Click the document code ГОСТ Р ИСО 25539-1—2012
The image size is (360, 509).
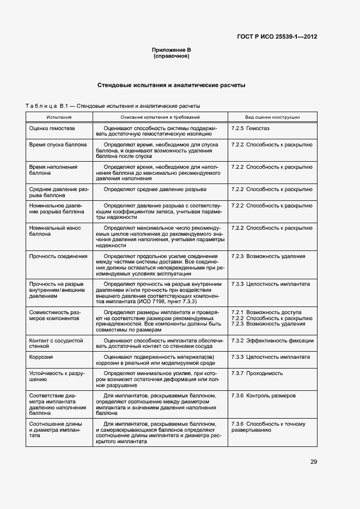coord(277,37)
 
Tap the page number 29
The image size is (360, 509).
coord(314,462)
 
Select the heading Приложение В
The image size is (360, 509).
coord(171,50)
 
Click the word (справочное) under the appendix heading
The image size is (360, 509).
coord(171,56)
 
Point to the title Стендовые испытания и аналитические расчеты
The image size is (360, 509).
coord(171,85)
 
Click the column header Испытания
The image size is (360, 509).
coord(59,117)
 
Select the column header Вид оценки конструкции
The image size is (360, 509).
coord(272,117)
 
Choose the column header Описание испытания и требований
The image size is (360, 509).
coord(160,117)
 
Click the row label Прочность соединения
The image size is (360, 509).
coord(58,256)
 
